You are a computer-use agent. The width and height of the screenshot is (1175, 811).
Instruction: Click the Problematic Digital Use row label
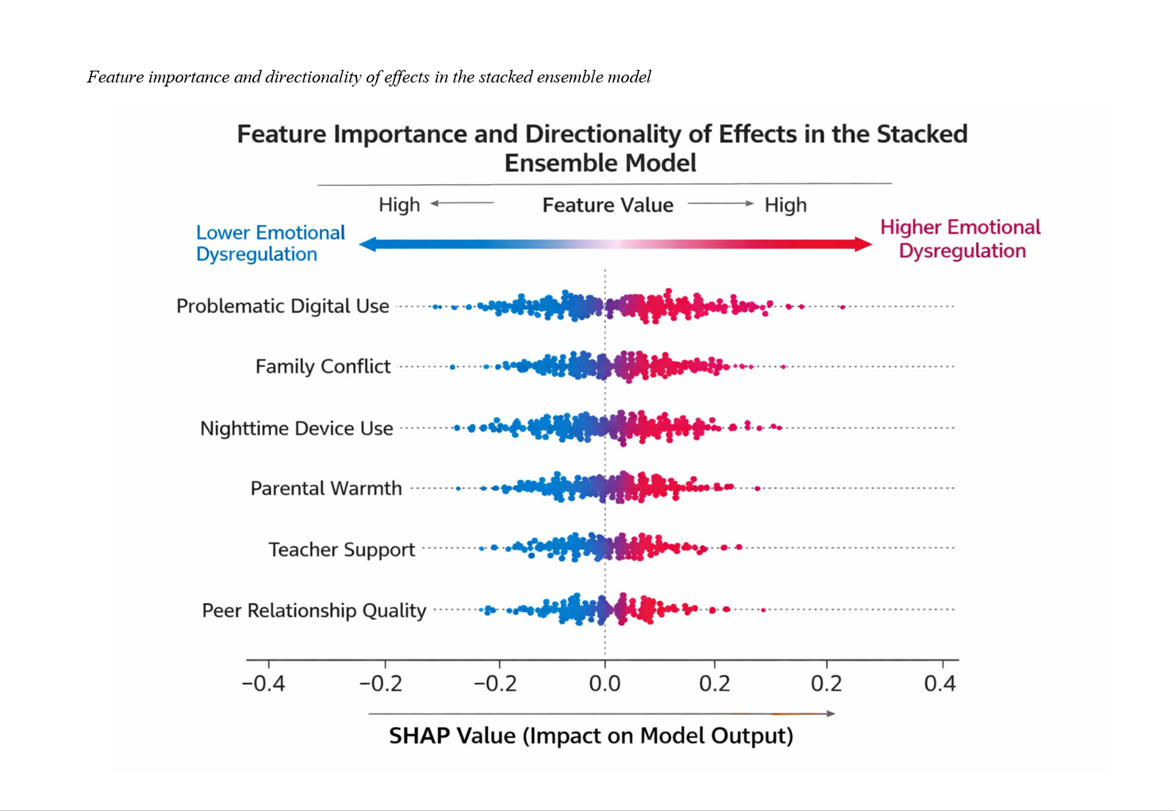(x=282, y=306)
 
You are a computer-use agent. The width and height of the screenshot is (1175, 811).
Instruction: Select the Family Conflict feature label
(x=323, y=367)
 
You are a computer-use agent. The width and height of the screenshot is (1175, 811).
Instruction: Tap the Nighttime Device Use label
(x=297, y=429)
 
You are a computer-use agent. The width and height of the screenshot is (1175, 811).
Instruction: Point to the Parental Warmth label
(x=326, y=488)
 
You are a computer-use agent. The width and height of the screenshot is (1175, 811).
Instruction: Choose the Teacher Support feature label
(x=342, y=549)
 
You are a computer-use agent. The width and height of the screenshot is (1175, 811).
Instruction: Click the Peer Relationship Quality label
(x=314, y=610)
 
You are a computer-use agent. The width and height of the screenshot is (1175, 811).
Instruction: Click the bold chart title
(x=601, y=148)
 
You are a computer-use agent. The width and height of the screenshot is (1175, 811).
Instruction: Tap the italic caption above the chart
(x=369, y=77)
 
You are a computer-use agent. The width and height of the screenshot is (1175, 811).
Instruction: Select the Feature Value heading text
(x=608, y=206)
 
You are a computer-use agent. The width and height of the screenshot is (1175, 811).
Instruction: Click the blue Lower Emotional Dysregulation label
(x=271, y=244)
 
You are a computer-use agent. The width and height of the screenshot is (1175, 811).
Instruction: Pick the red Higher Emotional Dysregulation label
(x=961, y=239)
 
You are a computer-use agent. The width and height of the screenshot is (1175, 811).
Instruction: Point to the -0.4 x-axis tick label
(x=263, y=684)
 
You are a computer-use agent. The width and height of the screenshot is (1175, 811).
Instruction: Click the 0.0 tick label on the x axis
(x=605, y=684)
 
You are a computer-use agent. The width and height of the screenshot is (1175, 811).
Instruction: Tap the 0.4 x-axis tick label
(x=940, y=684)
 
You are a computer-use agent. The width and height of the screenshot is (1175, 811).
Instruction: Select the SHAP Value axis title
(x=591, y=736)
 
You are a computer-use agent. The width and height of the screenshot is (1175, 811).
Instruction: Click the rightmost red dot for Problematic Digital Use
(x=843, y=307)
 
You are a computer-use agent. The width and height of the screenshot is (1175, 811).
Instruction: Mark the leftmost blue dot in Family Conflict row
(x=452, y=367)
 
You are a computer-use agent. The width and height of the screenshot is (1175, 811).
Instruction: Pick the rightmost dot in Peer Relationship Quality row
(x=763, y=610)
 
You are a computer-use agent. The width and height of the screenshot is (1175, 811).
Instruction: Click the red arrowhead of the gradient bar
(x=864, y=244)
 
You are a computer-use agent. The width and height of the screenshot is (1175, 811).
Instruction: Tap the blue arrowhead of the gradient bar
(x=367, y=244)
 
